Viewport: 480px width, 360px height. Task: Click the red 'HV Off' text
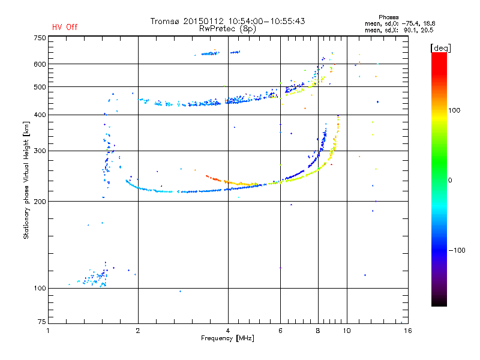click(64, 27)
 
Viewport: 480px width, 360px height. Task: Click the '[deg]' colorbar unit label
click(441, 47)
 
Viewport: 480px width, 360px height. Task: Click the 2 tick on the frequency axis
click(138, 331)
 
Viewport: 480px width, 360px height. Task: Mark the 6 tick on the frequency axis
click(280, 331)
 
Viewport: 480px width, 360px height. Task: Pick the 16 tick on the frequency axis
click(407, 331)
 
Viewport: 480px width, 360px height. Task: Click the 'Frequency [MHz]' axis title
click(227, 339)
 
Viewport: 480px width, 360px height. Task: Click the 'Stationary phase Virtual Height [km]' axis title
click(26, 181)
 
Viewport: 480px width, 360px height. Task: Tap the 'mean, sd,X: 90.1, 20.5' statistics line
click(399, 29)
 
